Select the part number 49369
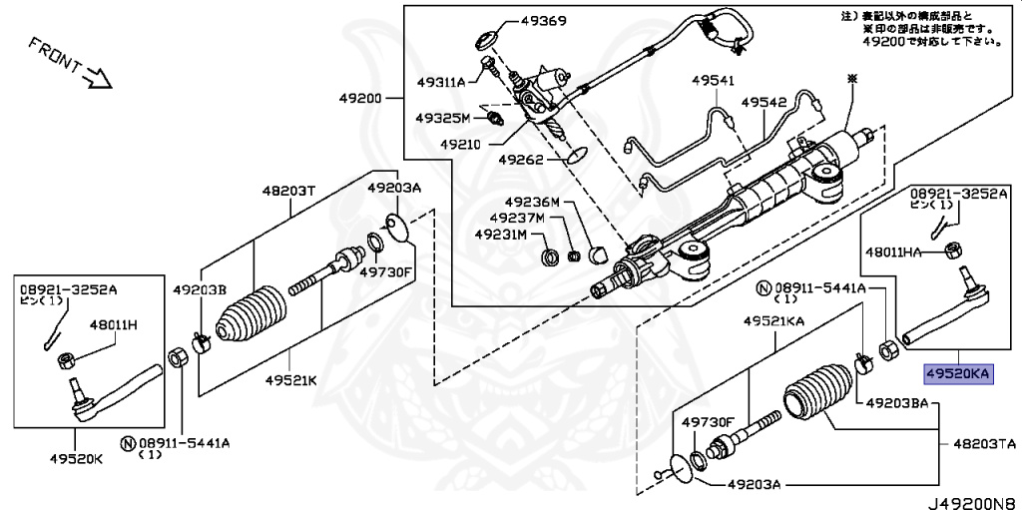point(543,21)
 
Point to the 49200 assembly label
point(360,99)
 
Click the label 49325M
point(442,118)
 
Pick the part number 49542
point(764,103)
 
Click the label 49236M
point(532,203)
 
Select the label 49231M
point(501,233)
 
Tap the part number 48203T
point(288,191)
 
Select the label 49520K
point(76,458)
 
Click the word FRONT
point(55,56)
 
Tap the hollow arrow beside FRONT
point(99,77)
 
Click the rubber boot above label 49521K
point(251,312)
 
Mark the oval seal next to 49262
point(576,157)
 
